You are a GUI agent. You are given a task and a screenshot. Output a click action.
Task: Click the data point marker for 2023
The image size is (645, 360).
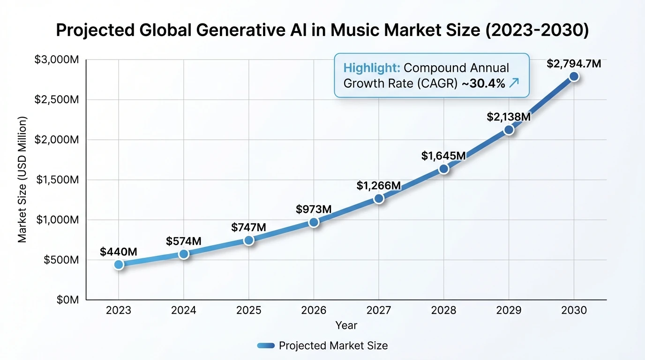tap(119, 264)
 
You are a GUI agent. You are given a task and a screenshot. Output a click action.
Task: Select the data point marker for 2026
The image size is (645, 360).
tap(314, 222)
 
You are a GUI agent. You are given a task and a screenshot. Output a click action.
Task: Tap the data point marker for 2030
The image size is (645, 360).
tap(574, 76)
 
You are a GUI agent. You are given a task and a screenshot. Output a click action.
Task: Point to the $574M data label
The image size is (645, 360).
tap(184, 241)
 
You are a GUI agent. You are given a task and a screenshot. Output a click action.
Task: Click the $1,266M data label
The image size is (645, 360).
tap(379, 186)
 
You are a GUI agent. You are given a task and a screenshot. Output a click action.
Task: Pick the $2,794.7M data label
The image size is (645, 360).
tap(574, 63)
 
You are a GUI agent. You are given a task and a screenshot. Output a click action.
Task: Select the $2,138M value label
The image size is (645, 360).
tap(509, 117)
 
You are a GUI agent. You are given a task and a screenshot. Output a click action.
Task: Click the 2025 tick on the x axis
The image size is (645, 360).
tap(248, 310)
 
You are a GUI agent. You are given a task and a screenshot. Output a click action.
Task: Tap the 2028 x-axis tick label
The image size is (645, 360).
tap(443, 310)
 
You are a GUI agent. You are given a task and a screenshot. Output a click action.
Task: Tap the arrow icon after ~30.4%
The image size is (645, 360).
tap(514, 83)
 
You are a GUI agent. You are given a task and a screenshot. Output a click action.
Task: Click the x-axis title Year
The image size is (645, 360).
tap(346, 325)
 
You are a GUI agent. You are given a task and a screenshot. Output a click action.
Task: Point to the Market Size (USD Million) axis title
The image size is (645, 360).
tap(22, 179)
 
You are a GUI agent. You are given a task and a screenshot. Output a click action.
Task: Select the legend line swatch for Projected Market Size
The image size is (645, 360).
tap(266, 346)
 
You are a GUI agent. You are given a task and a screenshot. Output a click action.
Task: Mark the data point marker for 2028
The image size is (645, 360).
tap(443, 169)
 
